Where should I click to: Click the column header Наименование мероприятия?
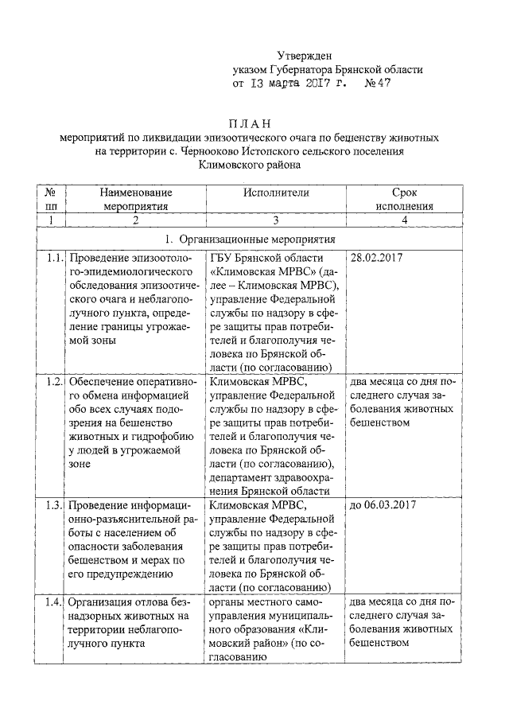coord(136,199)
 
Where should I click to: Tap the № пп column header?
coord(50,199)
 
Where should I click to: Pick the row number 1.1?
coord(52,258)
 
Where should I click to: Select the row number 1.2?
coord(52,381)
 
